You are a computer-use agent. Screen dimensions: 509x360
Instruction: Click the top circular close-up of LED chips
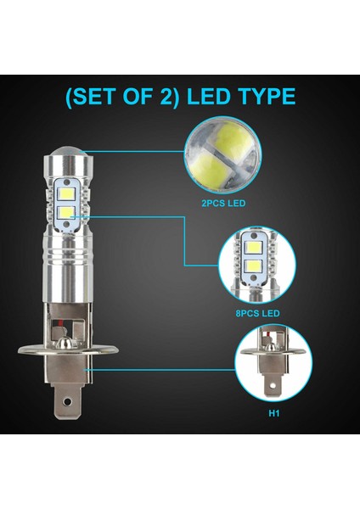223,154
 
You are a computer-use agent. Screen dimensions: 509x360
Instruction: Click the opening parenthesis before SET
69,96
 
